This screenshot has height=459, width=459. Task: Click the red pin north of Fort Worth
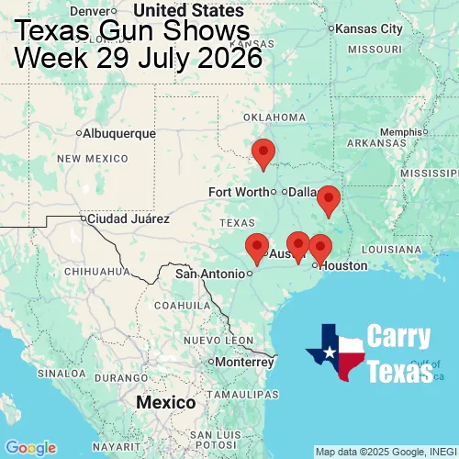point(263,153)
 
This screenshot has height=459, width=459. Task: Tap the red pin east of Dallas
point(328,199)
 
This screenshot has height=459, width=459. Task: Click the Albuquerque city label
point(119,133)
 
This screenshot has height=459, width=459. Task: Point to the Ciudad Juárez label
point(128,219)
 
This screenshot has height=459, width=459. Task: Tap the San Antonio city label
point(211,274)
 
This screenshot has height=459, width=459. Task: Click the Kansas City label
point(369,28)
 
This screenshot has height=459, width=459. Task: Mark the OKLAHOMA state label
point(274,118)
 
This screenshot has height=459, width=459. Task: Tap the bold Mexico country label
point(165,403)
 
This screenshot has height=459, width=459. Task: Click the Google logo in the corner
point(30,448)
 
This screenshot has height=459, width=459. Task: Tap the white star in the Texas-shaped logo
point(328,349)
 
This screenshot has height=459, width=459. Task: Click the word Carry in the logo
point(400,337)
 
